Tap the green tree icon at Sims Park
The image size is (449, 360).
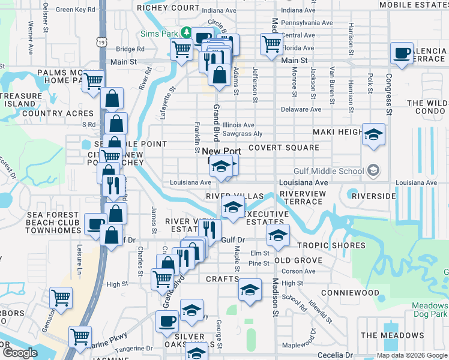[186, 32]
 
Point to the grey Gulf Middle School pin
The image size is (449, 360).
[373, 171]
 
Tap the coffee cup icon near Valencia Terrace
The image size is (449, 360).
[402, 53]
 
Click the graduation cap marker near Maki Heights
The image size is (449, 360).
[373, 135]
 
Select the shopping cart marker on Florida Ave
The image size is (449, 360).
[271, 44]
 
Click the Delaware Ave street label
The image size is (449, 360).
[301, 109]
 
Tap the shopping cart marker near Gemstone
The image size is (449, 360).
[61, 297]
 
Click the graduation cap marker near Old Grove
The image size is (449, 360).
[278, 236]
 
